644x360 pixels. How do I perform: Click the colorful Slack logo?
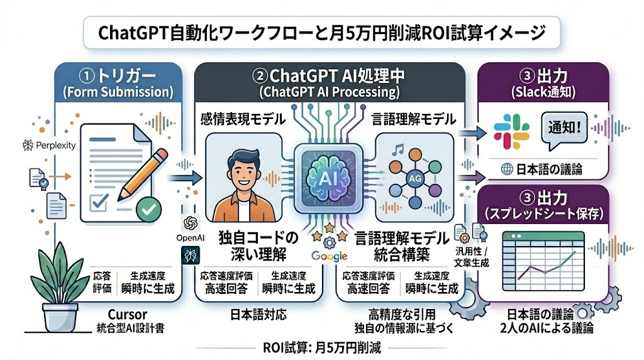click(511, 130)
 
